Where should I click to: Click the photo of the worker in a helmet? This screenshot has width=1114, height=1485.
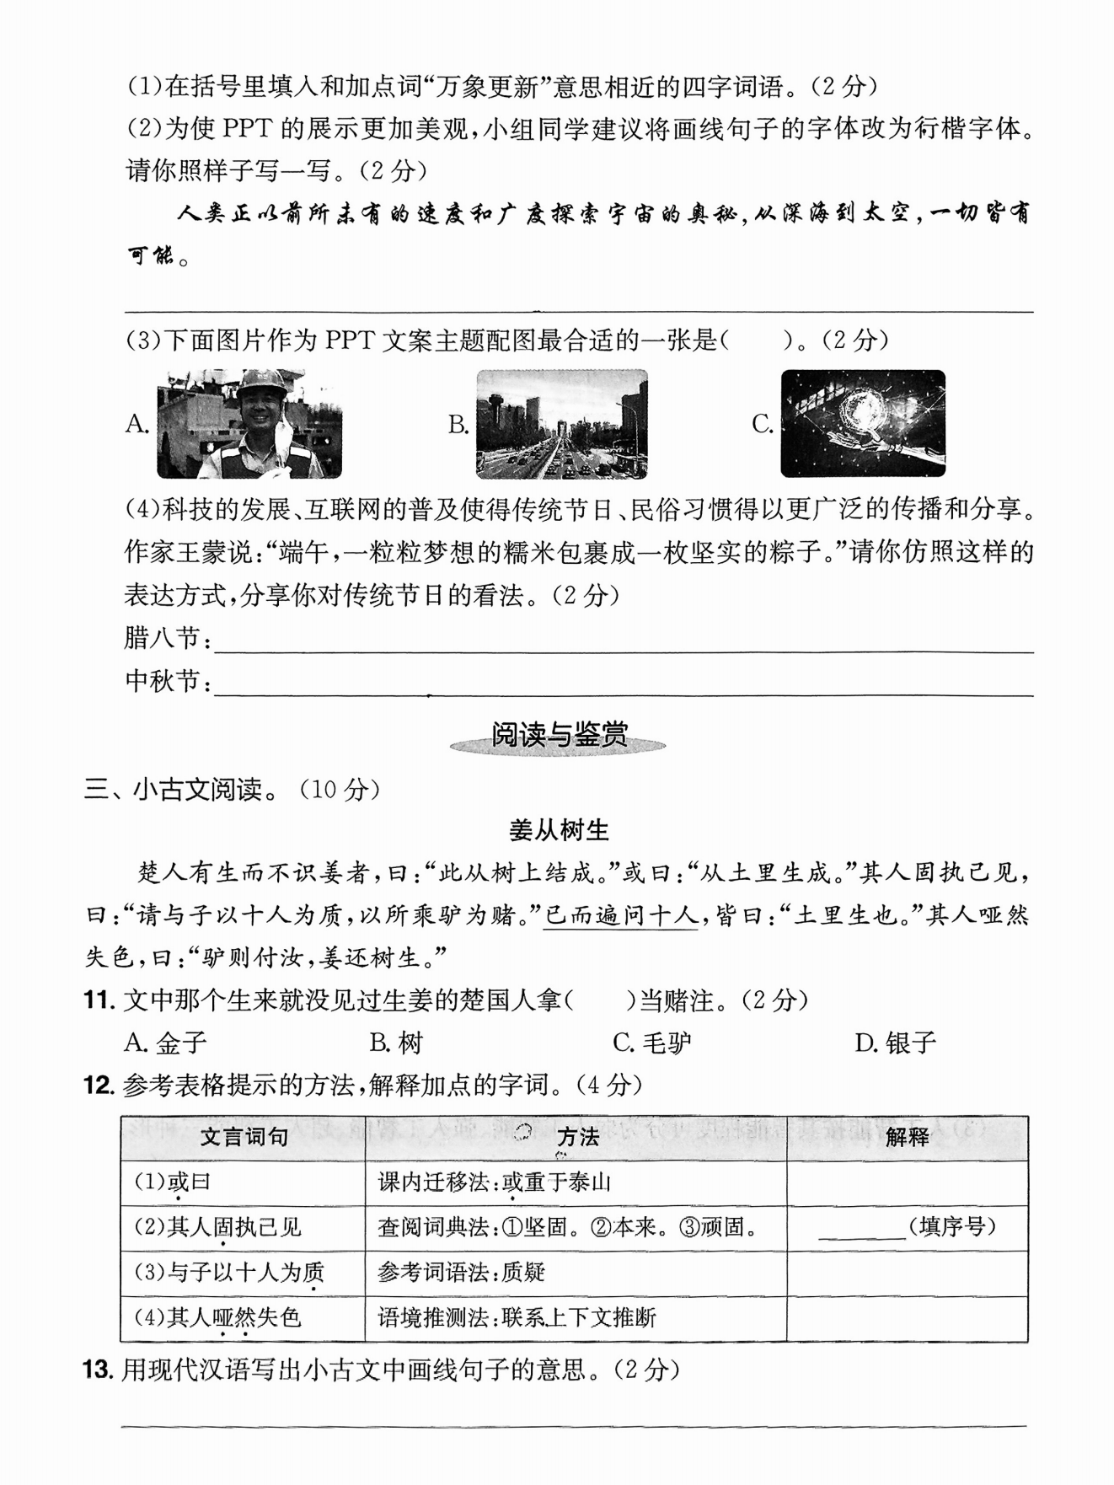tap(249, 423)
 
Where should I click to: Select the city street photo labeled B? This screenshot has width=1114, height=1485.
tap(562, 424)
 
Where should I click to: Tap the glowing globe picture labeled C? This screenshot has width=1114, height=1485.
tap(863, 423)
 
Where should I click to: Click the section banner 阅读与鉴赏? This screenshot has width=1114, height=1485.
tap(559, 736)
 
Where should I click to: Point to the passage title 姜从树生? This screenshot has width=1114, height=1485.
tap(559, 831)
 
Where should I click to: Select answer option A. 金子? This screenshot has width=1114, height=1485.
tap(165, 1043)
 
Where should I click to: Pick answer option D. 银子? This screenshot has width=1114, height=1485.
tap(895, 1043)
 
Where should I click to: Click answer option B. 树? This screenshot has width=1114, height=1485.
tap(396, 1043)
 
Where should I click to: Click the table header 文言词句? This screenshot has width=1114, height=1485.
tap(244, 1138)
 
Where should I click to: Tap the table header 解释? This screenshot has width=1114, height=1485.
tap(907, 1138)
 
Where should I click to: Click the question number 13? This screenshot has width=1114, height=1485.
tap(98, 1370)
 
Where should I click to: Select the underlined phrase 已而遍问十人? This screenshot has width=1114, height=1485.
tap(620, 915)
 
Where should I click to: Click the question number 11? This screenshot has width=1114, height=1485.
tap(99, 1001)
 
